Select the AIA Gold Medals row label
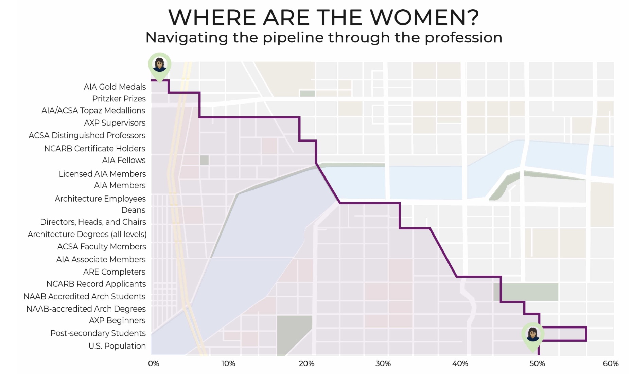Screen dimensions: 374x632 [x=115, y=87]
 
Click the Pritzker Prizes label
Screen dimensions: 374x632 [x=119, y=99]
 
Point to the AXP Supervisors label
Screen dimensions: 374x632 [x=115, y=123]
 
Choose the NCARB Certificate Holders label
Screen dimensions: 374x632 [x=94, y=149]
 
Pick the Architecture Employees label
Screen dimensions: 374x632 [x=100, y=199]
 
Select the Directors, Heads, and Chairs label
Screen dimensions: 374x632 [x=93, y=222]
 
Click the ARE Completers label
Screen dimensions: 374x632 [x=114, y=272]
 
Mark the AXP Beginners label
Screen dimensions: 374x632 [x=117, y=320]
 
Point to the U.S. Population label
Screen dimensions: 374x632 [x=117, y=346]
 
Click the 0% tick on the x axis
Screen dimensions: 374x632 [x=154, y=364]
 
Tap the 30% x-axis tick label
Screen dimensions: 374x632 [x=383, y=364]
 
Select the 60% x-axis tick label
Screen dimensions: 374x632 [x=611, y=364]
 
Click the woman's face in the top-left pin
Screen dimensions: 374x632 [x=159, y=63]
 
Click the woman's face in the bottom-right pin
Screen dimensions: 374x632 [x=532, y=334]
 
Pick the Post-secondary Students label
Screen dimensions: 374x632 [x=98, y=333]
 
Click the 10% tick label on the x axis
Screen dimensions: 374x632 [x=228, y=364]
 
